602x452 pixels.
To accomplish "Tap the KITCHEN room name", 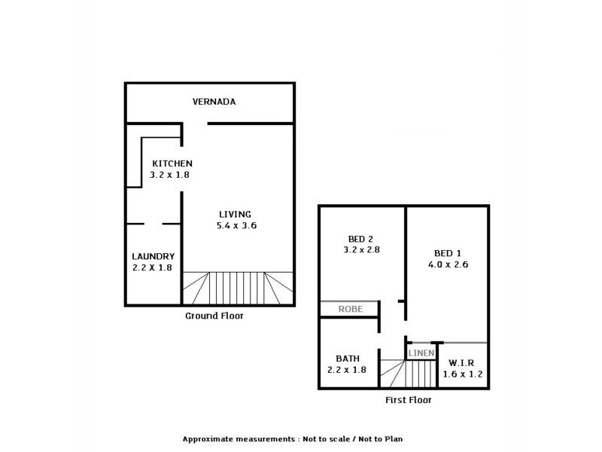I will [173, 163].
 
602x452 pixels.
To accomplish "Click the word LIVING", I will [235, 213].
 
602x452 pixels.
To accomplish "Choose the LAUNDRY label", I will [153, 256].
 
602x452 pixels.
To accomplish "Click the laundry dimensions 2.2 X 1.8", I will [153, 267].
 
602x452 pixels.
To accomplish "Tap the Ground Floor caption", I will [214, 316].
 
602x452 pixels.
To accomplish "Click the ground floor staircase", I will [237, 288].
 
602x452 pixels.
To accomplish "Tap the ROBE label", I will [351, 309].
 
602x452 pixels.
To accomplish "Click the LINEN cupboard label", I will [421, 353].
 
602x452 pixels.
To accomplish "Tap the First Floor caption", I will [408, 400].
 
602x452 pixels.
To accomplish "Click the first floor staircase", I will [408, 374].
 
